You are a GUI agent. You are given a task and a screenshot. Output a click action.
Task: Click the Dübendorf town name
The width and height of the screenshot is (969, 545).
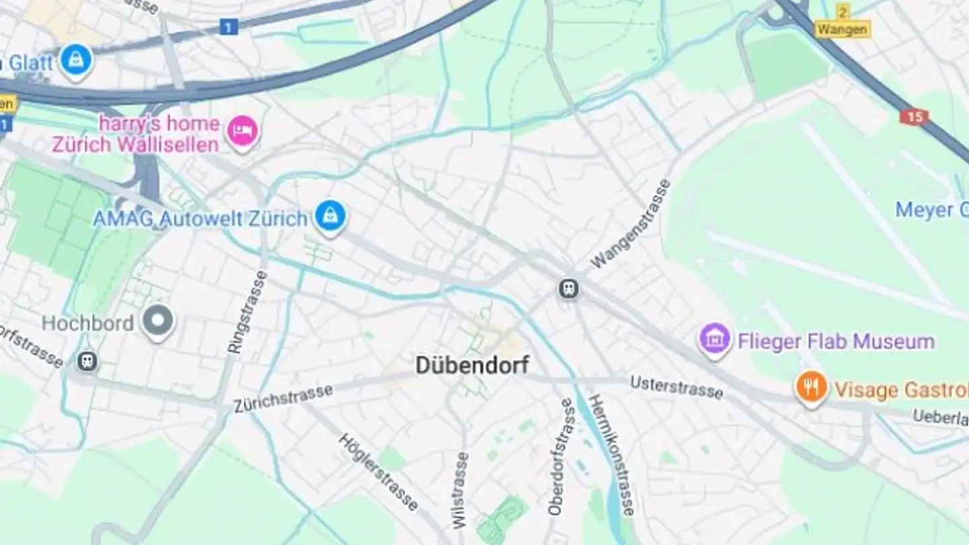pos(472,365)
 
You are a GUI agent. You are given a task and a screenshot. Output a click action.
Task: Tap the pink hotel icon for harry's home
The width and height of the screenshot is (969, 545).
pos(242,130)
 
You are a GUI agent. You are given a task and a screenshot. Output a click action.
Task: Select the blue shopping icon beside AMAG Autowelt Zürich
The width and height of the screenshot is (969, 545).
pos(330,216)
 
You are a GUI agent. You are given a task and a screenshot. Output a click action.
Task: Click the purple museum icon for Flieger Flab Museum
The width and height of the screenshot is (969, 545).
pos(715,338)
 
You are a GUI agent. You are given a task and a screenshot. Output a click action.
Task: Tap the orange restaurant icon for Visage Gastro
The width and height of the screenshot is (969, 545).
pos(812,387)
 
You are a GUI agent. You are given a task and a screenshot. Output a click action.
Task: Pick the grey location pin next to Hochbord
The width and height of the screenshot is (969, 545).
pos(158,321)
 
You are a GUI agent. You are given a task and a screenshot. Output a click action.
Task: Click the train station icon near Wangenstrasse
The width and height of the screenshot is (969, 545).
pos(569,289)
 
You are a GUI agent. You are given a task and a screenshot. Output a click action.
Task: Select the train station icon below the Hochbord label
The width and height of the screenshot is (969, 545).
pos(87,361)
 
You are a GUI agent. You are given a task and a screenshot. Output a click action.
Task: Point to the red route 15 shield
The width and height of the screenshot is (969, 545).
pos(914,116)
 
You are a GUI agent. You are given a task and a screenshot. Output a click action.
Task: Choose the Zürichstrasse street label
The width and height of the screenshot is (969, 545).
pos(283,398)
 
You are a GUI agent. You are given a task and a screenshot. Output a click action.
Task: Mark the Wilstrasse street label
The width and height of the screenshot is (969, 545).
pos(460,489)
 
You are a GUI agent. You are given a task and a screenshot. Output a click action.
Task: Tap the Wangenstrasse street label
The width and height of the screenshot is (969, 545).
pos(631,224)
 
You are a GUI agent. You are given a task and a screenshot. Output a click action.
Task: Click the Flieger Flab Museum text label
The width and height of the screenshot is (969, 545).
pos(836,341)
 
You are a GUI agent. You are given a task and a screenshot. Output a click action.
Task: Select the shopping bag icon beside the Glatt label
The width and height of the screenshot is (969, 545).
pos(76,59)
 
